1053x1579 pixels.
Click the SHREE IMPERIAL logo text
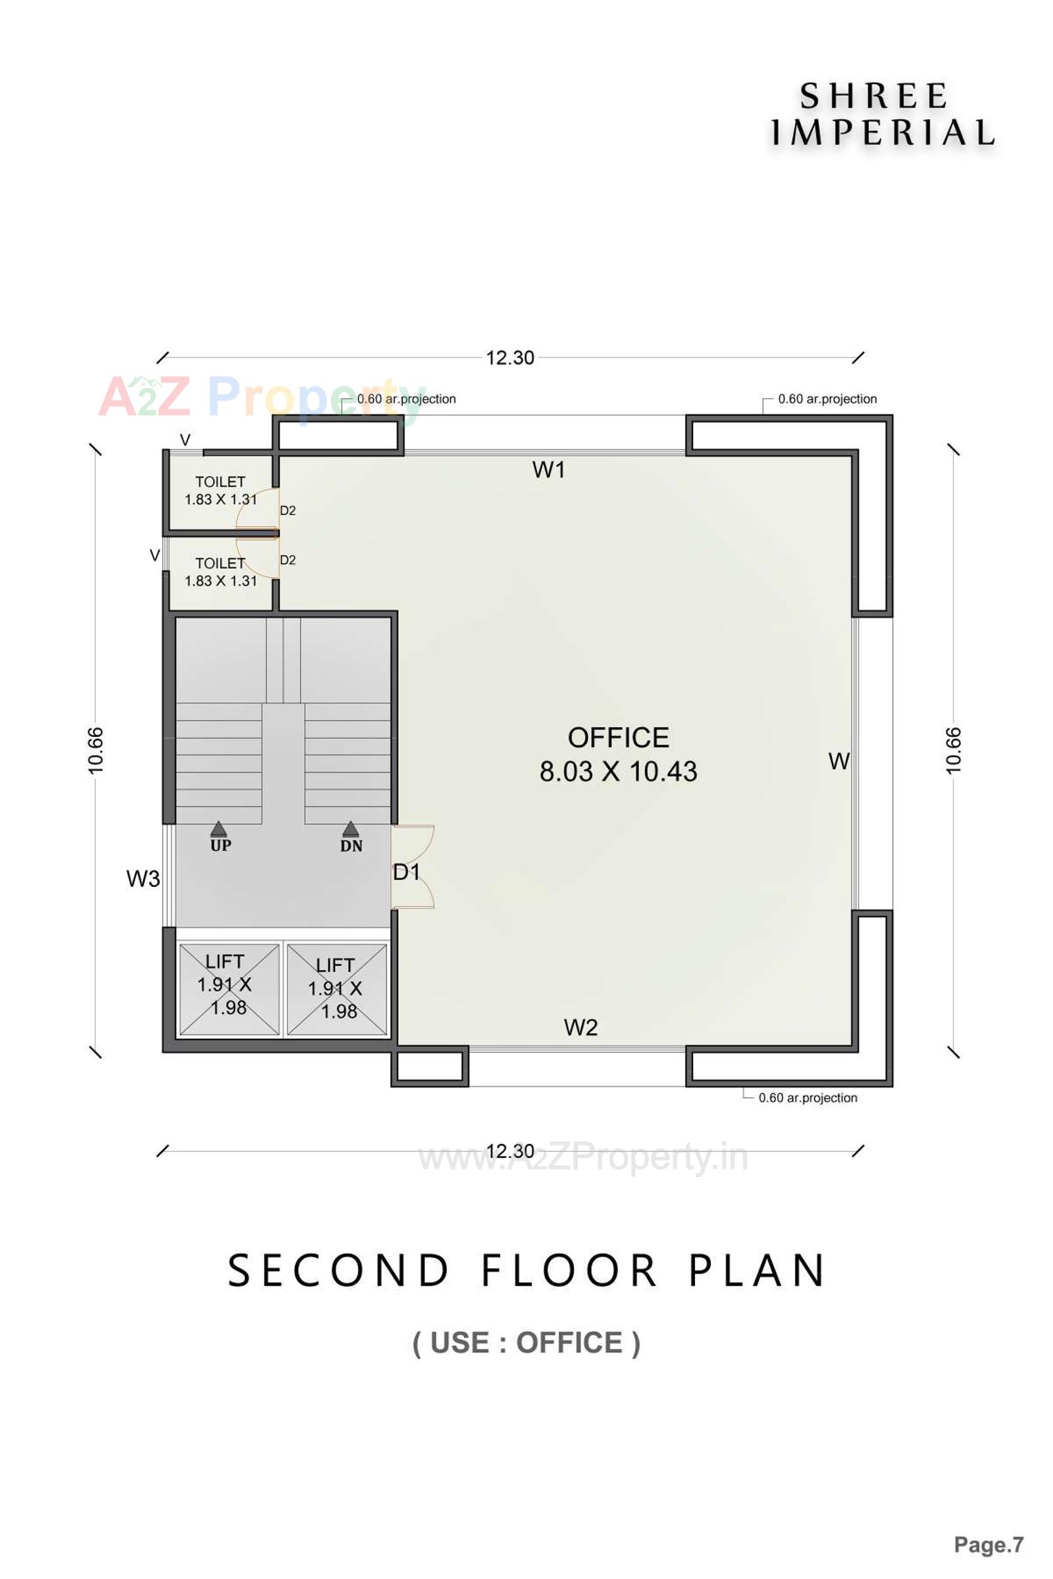tap(881, 114)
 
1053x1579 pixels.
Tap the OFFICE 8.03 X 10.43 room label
tap(618, 755)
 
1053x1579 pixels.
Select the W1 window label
tap(549, 470)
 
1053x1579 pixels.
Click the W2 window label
tap(580, 1027)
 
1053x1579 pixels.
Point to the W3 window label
tap(143, 878)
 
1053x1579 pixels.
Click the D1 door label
tap(406, 872)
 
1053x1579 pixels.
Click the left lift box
tap(228, 989)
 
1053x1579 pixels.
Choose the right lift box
tap(336, 989)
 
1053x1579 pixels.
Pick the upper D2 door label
tap(288, 511)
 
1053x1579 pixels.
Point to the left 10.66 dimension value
tap(96, 750)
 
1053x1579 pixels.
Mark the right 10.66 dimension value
tap(953, 750)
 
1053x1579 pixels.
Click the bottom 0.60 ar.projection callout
tap(808, 1097)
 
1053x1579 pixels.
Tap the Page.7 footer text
tap(988, 1544)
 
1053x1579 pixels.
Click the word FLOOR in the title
tap(569, 1270)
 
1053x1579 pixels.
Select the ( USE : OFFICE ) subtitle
tap(526, 1343)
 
